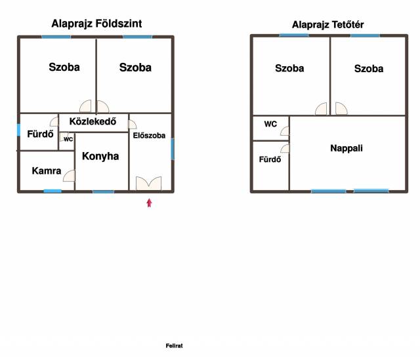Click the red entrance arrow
149,203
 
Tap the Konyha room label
100,156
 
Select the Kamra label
47,170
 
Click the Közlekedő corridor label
93,121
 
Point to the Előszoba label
149,136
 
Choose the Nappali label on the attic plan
346,148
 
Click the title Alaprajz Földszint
96,24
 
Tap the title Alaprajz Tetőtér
328,25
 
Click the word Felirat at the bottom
174,346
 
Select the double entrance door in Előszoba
149,184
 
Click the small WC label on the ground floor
68,139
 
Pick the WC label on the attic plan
270,124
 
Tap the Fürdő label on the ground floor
40,134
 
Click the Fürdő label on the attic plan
270,159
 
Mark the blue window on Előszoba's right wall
173,149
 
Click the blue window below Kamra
52,191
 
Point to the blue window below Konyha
104,191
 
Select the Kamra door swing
70,176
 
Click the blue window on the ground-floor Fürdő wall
19,130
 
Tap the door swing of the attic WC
285,131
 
